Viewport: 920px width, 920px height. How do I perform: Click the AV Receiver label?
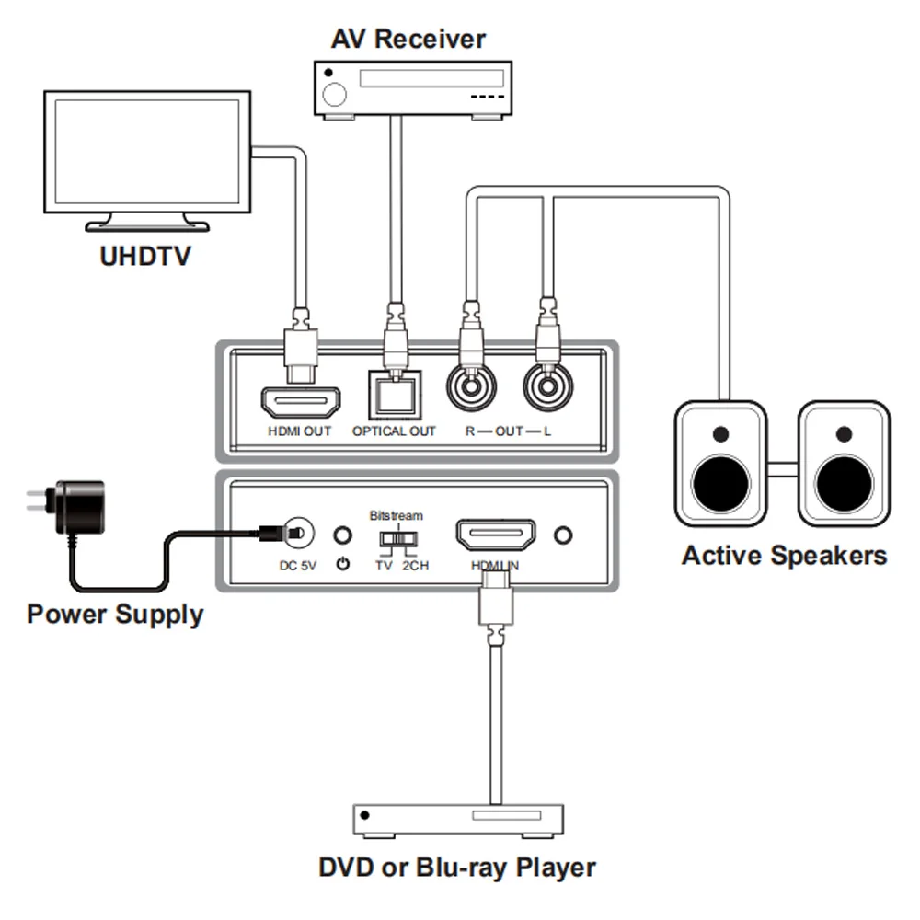pyautogui.click(x=408, y=39)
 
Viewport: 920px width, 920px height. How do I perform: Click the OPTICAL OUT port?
pyautogui.click(x=394, y=396)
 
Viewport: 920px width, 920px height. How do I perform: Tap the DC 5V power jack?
pyautogui.click(x=297, y=534)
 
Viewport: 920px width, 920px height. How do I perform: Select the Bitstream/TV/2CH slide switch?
pyautogui.click(x=397, y=537)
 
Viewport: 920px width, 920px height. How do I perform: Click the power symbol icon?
pyautogui.click(x=343, y=564)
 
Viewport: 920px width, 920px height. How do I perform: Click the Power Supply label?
pyautogui.click(x=115, y=614)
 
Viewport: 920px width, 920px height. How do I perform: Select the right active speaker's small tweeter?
pyautogui.click(x=844, y=432)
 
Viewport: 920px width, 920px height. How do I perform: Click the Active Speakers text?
pyautogui.click(x=784, y=556)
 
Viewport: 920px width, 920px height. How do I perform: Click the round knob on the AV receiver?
pyautogui.click(x=336, y=94)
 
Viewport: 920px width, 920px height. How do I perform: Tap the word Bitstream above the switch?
pyautogui.click(x=396, y=515)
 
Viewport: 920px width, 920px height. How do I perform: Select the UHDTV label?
pyautogui.click(x=144, y=255)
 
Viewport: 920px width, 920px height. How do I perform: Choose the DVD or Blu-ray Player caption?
pyautogui.click(x=457, y=867)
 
